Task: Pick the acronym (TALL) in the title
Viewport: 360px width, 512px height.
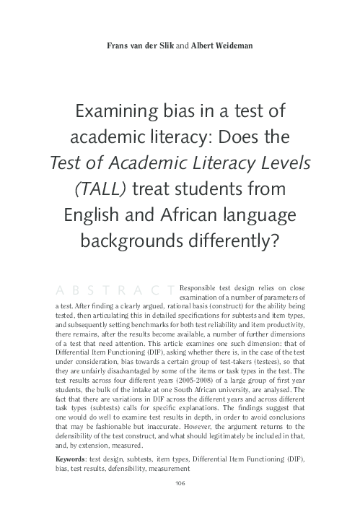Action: click(x=101, y=189)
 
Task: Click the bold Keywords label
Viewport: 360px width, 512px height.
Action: click(x=71, y=459)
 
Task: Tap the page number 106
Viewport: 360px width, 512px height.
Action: click(x=180, y=484)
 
